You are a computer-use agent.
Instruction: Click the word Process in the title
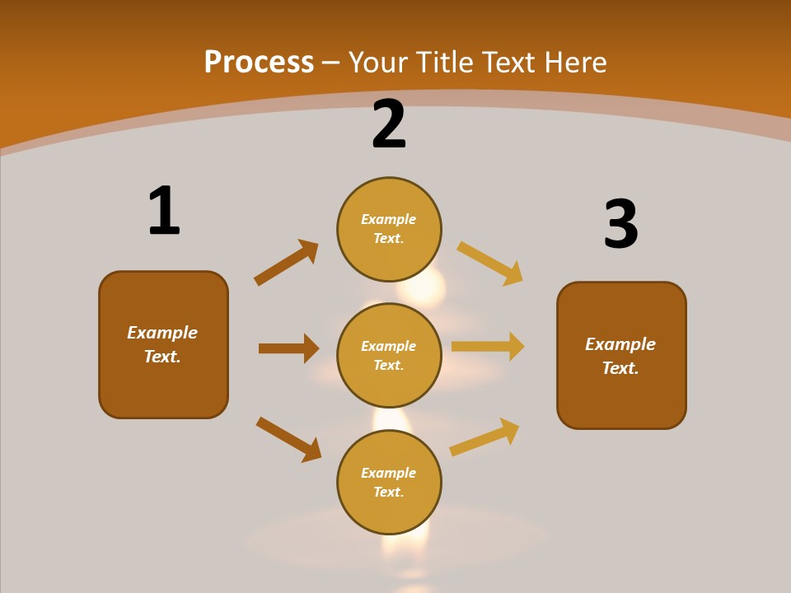tap(259, 63)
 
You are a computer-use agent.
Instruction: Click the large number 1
tap(164, 212)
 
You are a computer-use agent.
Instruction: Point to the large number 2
tap(389, 125)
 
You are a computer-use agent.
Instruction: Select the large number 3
tap(620, 225)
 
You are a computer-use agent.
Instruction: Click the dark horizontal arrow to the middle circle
tap(289, 348)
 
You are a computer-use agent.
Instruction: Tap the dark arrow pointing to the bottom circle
tap(289, 439)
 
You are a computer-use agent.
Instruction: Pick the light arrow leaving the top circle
tap(490, 263)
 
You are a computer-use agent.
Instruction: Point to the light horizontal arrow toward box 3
tap(488, 347)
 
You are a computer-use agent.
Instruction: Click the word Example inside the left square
tap(162, 333)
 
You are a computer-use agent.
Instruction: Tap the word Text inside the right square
tap(620, 368)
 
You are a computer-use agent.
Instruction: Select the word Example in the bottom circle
tap(389, 473)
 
